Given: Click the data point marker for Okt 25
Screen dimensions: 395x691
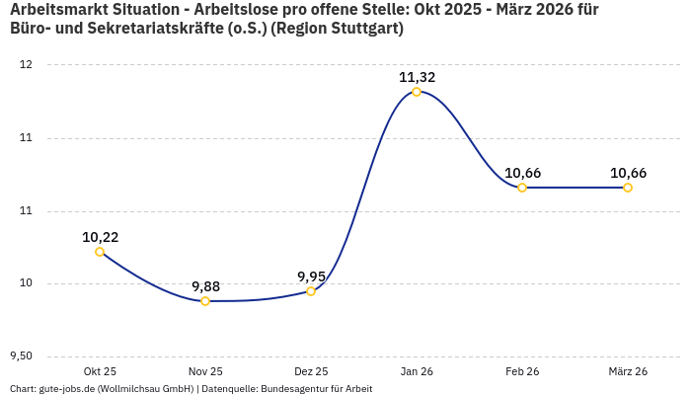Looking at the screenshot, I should [100, 252].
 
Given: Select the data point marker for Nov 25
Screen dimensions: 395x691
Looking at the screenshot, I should [205, 301].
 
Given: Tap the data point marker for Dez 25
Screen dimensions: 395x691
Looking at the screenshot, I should [311, 291].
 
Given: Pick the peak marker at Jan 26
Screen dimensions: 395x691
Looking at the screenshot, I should [417, 92].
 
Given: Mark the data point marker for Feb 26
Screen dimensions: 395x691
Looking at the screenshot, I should [522, 188].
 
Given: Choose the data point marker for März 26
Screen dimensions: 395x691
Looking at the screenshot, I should [628, 188].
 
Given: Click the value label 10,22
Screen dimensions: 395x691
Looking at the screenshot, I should [100, 237].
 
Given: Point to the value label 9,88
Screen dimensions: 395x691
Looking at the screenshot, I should [205, 286].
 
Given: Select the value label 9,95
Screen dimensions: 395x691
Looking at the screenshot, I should [311, 276].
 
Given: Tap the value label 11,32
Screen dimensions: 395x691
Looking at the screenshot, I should [417, 77].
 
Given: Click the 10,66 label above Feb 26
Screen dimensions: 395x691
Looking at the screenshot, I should [522, 173].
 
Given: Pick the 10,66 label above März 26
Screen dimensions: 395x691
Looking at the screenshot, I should [628, 173].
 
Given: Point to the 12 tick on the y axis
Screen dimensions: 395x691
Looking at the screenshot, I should [26, 65].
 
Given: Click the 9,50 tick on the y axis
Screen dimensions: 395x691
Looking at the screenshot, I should [21, 356].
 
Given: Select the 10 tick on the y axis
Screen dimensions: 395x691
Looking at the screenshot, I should [26, 283].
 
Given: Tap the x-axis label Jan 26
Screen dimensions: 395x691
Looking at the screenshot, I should [417, 371].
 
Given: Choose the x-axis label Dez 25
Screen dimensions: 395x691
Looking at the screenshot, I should [311, 371].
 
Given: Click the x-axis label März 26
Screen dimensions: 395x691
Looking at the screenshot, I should [628, 371].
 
